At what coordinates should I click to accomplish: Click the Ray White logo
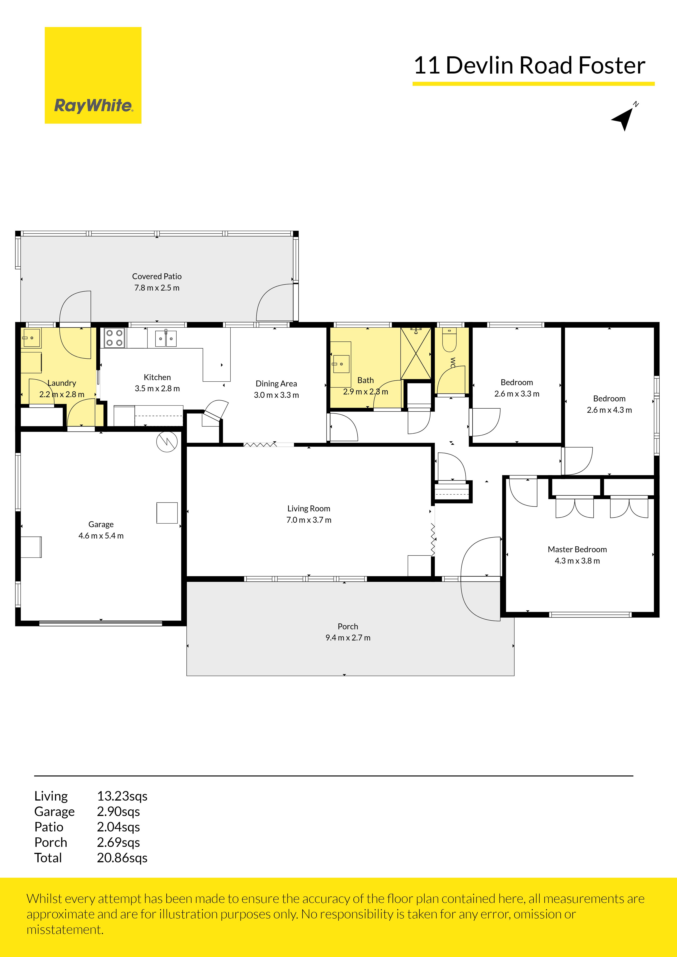tap(93, 75)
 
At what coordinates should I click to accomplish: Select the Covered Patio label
tap(157, 276)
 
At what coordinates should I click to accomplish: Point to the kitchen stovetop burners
tap(114, 338)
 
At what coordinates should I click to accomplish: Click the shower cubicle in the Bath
tap(416, 353)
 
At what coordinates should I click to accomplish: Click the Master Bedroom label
tap(577, 549)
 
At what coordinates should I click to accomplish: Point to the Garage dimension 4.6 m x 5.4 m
tap(101, 536)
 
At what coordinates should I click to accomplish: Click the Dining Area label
tap(276, 383)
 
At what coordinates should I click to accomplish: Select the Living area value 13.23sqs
tap(122, 796)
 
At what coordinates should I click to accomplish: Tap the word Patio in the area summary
tap(49, 827)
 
